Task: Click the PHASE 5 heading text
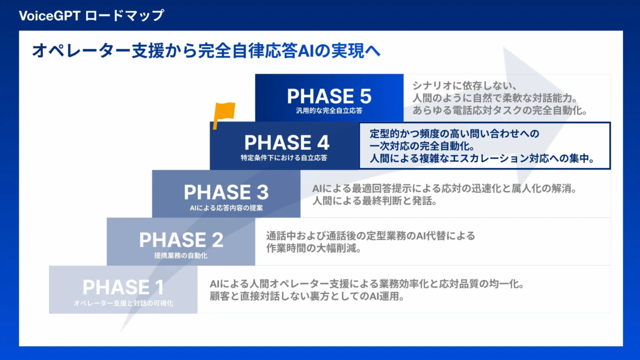[329, 97]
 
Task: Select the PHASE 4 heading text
[286, 143]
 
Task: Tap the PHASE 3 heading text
[226, 192]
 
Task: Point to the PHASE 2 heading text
[181, 240]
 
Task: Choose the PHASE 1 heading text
[123, 287]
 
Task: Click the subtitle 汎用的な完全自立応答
[329, 111]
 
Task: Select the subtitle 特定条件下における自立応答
[284, 158]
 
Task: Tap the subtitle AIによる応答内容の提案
[226, 207]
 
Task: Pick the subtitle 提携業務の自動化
[181, 255]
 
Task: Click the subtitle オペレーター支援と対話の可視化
[123, 303]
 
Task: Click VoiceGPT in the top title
[50, 15]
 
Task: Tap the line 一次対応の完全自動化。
[421, 146]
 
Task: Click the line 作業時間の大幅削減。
[315, 249]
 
